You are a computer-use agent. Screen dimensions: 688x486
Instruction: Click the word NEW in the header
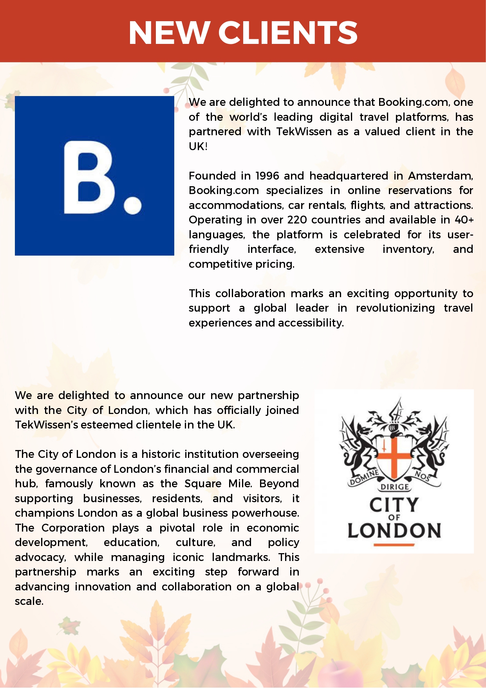click(x=169, y=33)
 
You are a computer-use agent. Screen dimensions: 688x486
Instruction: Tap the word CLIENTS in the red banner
click(x=288, y=33)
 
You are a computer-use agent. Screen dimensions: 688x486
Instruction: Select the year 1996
click(x=267, y=176)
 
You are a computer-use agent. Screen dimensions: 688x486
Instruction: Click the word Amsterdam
click(x=440, y=176)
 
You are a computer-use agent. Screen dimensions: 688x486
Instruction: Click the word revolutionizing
click(x=395, y=308)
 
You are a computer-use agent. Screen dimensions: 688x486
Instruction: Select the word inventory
click(x=408, y=249)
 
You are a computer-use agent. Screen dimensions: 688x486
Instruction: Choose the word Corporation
click(x=73, y=528)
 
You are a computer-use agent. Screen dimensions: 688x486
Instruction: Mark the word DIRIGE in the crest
click(x=395, y=487)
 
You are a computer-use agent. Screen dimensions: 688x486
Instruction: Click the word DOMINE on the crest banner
click(x=364, y=477)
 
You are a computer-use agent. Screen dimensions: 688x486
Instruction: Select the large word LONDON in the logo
click(x=394, y=530)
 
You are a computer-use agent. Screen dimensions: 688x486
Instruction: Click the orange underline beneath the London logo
click(x=394, y=545)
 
